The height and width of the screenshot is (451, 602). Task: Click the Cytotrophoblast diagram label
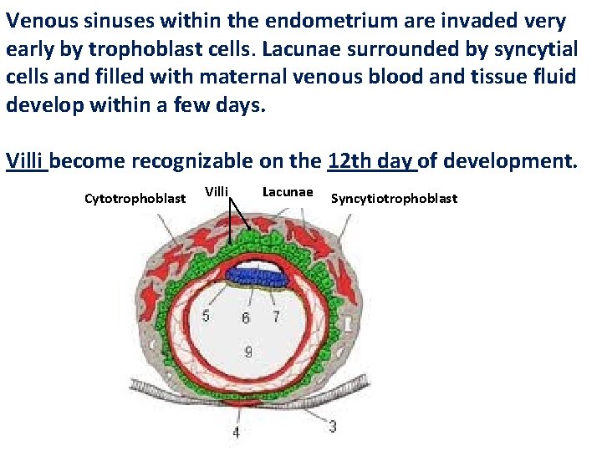click(135, 199)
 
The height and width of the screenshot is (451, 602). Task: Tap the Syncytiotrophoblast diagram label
click(395, 199)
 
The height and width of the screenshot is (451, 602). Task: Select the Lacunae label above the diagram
click(288, 192)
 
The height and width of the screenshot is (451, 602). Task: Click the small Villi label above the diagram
click(217, 192)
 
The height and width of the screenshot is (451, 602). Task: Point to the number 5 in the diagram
click(206, 317)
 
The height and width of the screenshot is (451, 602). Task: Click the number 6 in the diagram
click(245, 317)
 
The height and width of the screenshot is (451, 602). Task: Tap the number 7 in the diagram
click(276, 317)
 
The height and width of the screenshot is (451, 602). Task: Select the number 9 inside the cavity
click(248, 352)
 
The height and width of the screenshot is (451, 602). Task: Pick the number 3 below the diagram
click(333, 426)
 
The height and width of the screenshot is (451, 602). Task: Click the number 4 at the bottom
click(236, 433)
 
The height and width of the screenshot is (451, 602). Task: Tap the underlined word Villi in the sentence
click(27, 160)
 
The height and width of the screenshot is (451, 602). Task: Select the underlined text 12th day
click(372, 160)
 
